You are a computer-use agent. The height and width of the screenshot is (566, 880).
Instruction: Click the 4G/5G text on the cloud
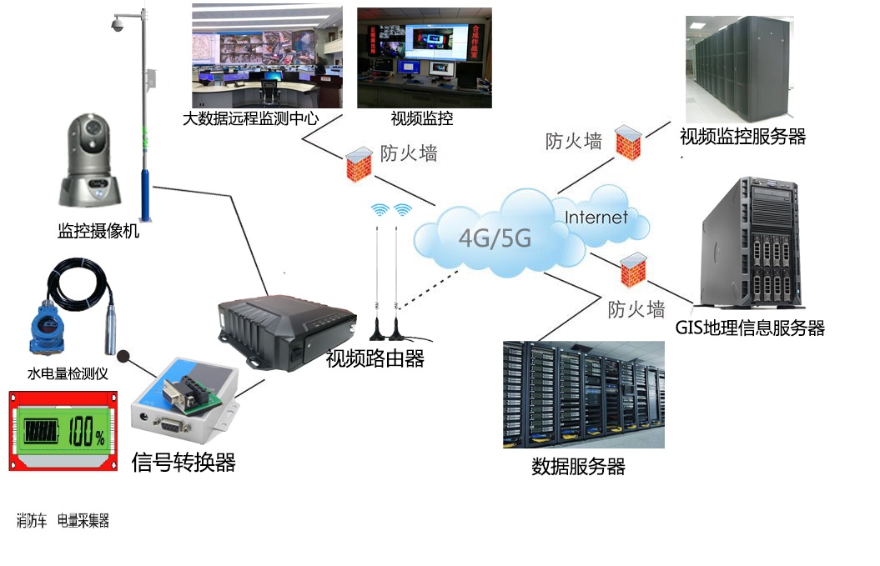tap(495, 238)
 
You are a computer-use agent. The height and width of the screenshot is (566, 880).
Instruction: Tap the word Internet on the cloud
tap(596, 218)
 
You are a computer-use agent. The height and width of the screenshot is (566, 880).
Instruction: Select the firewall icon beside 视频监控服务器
tap(628, 141)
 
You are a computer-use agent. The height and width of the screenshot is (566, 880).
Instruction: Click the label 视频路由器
tap(375, 359)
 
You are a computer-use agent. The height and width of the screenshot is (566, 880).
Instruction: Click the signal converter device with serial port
tap(184, 402)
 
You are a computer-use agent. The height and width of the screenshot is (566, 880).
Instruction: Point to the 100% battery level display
tap(61, 432)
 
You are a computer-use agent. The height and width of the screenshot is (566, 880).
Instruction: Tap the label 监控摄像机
tap(98, 231)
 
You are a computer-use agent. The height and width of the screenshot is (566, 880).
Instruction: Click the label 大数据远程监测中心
tap(250, 118)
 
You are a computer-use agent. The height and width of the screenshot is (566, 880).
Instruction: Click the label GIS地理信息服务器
tap(750, 328)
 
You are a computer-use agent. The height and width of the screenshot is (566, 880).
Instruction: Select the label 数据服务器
tap(578, 466)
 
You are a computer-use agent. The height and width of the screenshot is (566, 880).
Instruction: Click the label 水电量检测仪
tap(68, 374)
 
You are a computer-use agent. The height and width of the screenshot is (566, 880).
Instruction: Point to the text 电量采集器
tap(83, 521)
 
